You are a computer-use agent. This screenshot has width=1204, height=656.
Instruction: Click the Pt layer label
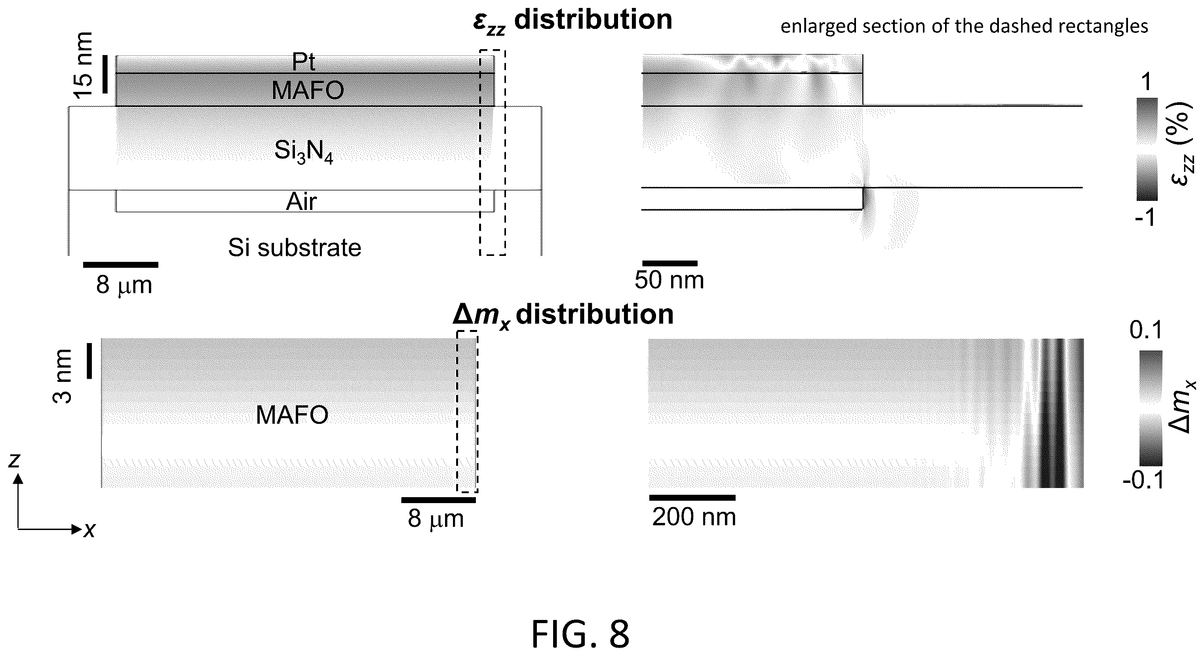click(x=303, y=62)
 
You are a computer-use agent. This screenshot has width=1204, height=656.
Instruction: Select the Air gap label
click(x=301, y=202)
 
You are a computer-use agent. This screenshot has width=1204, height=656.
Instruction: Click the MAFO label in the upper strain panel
click(x=308, y=90)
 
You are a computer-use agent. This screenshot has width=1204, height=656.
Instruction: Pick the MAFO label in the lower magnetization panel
click(x=292, y=415)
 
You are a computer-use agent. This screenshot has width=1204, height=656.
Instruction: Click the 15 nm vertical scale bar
click(x=105, y=74)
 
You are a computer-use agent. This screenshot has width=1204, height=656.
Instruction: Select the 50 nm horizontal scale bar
click(x=670, y=263)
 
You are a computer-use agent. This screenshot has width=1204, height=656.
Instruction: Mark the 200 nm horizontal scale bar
click(x=692, y=498)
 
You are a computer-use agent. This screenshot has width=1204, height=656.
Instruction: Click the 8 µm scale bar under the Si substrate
click(x=121, y=265)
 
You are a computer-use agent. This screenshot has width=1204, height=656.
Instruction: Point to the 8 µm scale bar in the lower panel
click(x=438, y=500)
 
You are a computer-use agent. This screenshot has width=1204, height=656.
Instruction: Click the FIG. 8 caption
click(x=580, y=634)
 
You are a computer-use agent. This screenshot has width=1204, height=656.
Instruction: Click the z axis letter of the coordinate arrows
click(x=14, y=461)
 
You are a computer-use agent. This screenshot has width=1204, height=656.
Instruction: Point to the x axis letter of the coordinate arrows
click(x=89, y=530)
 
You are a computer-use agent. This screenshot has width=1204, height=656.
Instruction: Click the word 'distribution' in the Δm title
click(x=595, y=314)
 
